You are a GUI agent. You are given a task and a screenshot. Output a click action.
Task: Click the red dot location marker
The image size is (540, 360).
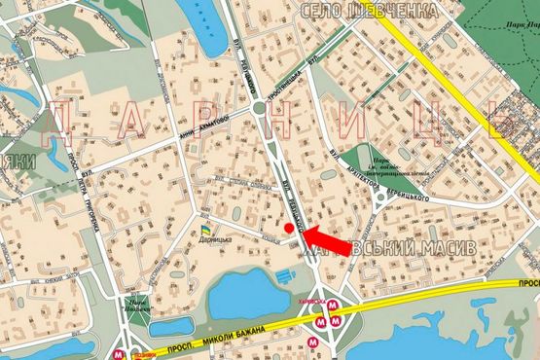pos(289,228)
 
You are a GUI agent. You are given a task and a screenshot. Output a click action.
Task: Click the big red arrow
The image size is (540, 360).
pos(325,237)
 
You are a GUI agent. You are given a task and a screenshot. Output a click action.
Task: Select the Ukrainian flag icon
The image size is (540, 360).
pos(205,230)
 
